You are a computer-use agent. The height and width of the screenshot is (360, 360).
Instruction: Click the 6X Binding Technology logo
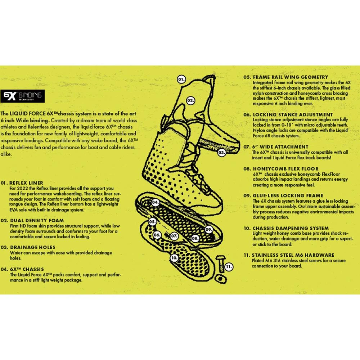tap(22, 96)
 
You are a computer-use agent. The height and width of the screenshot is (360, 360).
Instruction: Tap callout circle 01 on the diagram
tap(181, 80)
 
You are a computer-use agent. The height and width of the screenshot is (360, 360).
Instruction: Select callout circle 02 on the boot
tap(190, 100)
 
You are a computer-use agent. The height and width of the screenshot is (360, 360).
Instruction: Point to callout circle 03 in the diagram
tap(221, 152)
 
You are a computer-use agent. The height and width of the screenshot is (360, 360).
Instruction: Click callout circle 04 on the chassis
tap(156, 202)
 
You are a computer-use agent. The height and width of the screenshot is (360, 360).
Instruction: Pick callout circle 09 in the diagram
tap(209, 230)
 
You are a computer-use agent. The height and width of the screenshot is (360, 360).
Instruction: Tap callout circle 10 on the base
tap(174, 258)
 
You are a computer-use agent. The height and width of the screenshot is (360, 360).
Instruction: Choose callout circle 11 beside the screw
tap(229, 267)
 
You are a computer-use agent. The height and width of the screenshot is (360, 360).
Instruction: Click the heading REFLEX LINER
tap(26, 183)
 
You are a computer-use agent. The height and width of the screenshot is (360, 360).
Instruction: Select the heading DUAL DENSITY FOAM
tap(37, 220)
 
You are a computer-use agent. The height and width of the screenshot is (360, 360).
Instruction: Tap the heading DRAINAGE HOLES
tap(33, 247)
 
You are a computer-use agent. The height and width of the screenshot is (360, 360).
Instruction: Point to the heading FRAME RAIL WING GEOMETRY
tap(291, 77)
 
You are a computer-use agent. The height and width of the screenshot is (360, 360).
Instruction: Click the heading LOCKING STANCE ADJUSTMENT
tap(293, 114)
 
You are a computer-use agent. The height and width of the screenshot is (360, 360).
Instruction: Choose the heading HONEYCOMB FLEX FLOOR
tap(285, 169)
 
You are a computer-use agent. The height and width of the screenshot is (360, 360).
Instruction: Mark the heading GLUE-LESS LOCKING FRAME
tap(288, 195)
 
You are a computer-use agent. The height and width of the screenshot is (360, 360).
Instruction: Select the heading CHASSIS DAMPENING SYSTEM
tap(291, 228)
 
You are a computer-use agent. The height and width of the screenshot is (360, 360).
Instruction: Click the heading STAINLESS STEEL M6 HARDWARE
tap(293, 255)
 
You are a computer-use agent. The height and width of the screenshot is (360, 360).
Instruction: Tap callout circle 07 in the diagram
tap(174, 236)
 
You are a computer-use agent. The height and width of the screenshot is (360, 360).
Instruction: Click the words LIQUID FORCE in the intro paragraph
tap(25, 114)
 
